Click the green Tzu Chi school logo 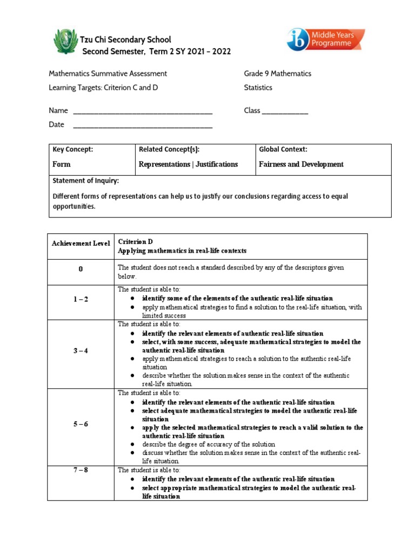[66, 42]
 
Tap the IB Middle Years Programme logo [325, 40]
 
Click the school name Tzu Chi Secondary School [125, 39]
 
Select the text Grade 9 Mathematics [277, 74]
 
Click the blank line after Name [142, 111]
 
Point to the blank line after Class [285, 111]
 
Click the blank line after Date [142, 126]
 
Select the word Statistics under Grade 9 [258, 88]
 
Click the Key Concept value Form [61, 164]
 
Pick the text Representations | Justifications [188, 164]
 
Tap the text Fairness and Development [301, 164]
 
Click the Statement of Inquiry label [85, 181]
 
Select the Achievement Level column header [81, 243]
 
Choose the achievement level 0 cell [81, 272]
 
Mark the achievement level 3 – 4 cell [81, 351]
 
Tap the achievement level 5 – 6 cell [81, 424]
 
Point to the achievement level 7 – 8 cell [81, 470]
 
